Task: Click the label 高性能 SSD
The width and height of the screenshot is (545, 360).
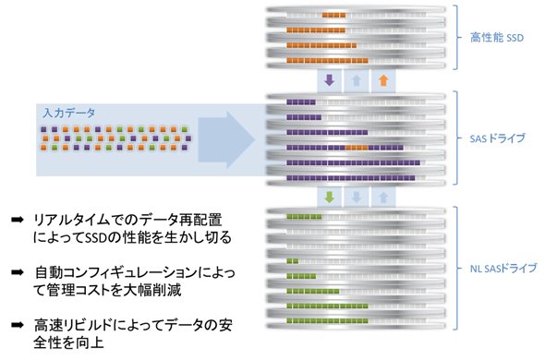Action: tap(497, 38)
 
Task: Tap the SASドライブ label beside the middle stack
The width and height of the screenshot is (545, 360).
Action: tap(497, 138)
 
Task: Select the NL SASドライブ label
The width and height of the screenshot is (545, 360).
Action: tap(503, 269)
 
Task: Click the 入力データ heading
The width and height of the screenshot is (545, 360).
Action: tap(69, 113)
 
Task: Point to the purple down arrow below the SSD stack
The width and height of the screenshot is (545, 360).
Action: tap(330, 80)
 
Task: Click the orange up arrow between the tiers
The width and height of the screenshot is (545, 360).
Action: tap(383, 80)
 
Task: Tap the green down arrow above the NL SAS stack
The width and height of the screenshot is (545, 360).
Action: tap(330, 197)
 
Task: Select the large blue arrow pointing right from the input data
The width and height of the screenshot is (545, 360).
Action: tap(226, 140)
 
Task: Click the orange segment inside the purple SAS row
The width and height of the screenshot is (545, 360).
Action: tap(357, 148)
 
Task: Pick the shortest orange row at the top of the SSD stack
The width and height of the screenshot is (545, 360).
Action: tap(333, 15)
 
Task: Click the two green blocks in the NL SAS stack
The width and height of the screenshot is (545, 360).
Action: tap(292, 261)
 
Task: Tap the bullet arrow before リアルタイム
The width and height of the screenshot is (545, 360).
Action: tap(17, 220)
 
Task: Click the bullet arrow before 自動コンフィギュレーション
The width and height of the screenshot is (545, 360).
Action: tap(17, 272)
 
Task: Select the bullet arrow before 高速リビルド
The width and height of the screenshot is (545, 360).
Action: tap(17, 325)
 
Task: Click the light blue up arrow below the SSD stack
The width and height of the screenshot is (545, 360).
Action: tap(357, 80)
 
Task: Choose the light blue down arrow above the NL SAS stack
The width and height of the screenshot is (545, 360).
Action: tap(357, 198)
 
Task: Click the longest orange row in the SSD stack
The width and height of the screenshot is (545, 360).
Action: tap(327, 61)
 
